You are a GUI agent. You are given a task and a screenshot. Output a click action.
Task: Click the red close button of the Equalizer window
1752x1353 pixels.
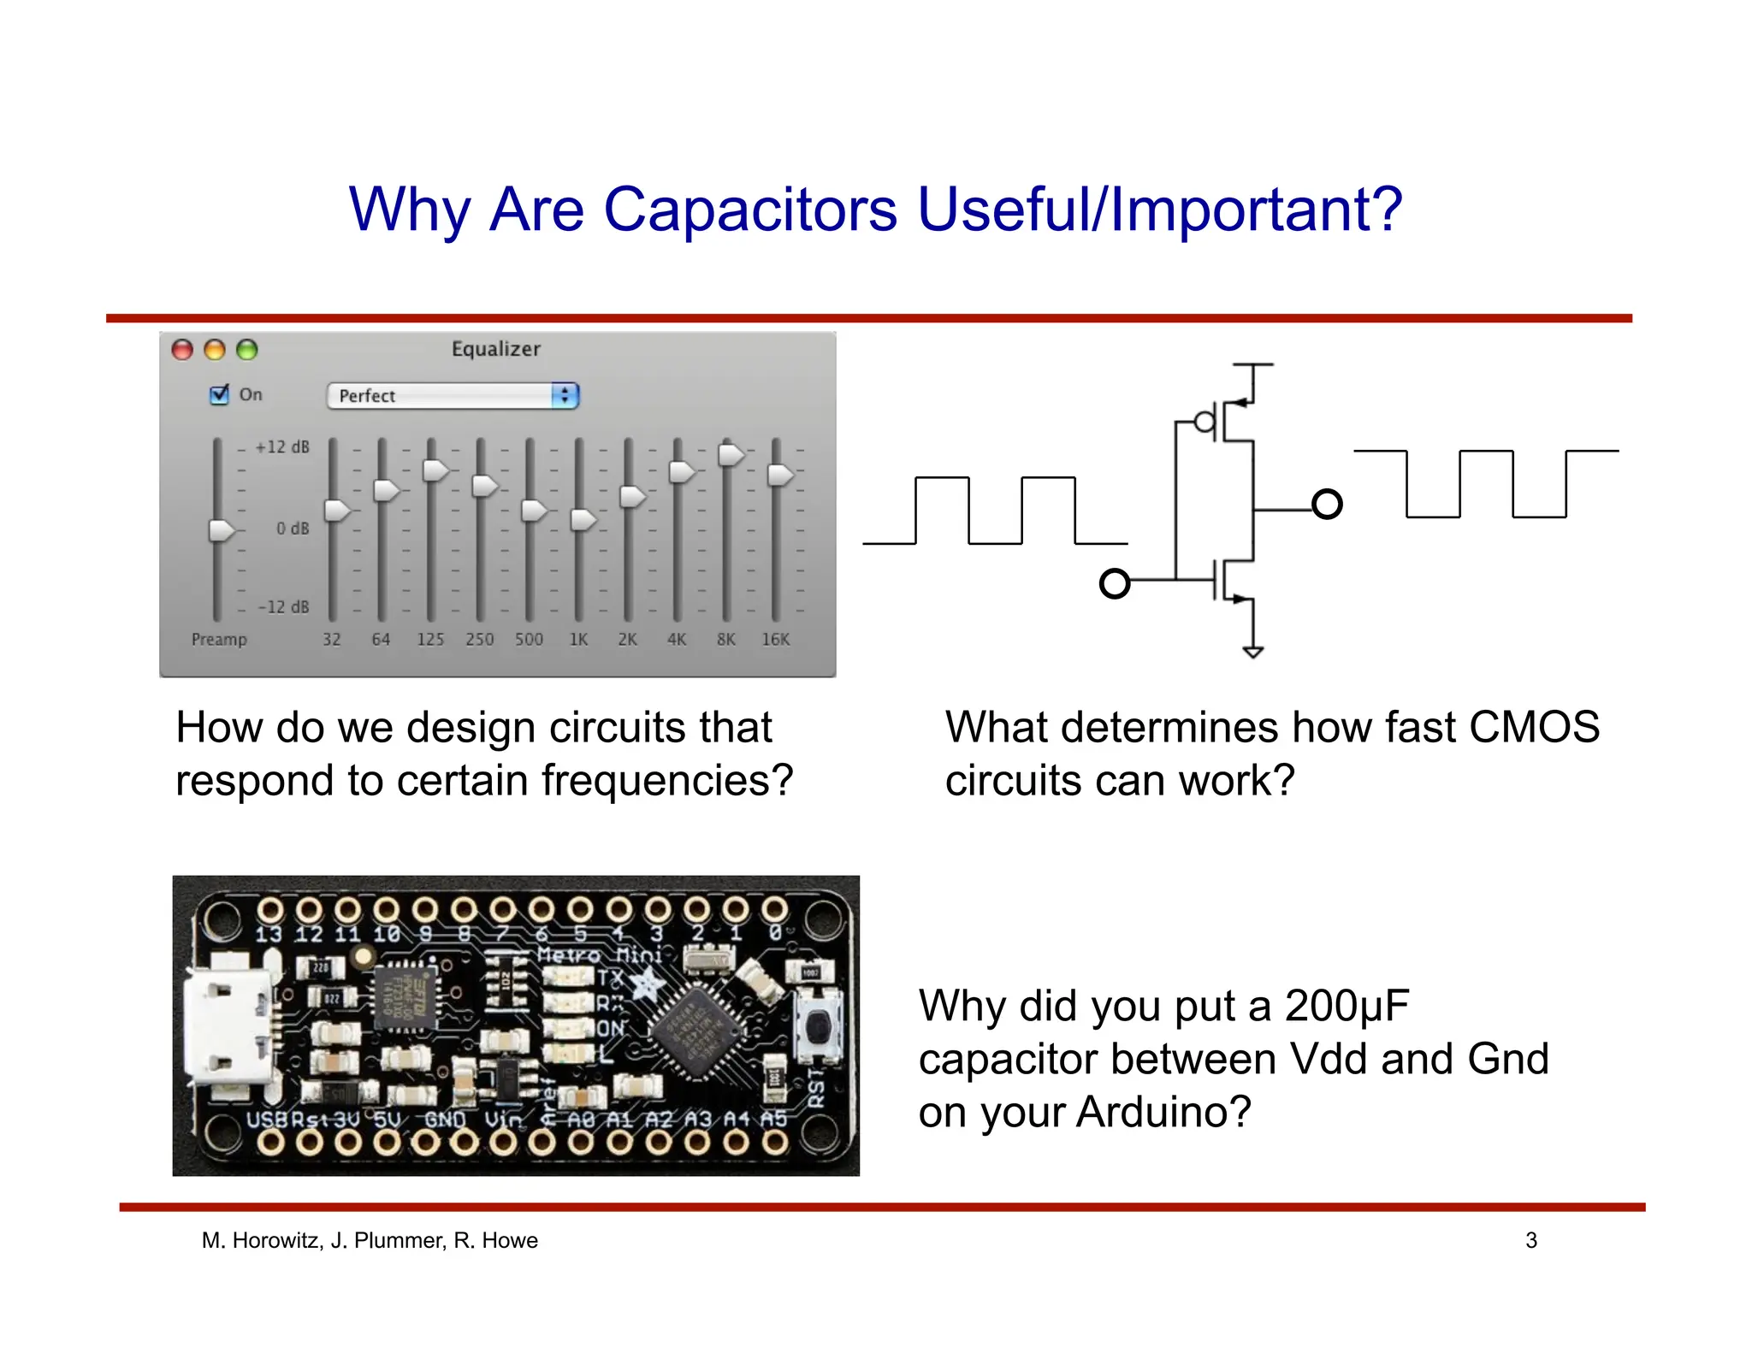tap(182, 349)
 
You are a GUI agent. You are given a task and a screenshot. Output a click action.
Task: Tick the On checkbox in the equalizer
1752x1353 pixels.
tap(220, 394)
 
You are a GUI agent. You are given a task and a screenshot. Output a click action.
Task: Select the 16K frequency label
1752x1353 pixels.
tap(775, 639)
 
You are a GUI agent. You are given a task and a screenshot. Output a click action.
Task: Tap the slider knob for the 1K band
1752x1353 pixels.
tap(583, 518)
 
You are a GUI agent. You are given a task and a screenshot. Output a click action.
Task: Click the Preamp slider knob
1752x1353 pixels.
tap(221, 529)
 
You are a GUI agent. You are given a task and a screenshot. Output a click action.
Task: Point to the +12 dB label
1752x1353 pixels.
tap(282, 446)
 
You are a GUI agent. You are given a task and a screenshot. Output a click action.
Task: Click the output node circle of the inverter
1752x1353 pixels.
tap(1326, 505)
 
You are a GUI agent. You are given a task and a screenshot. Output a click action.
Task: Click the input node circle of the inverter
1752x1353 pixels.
tap(1114, 584)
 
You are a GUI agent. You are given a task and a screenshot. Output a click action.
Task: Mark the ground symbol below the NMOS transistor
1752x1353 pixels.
tap(1252, 653)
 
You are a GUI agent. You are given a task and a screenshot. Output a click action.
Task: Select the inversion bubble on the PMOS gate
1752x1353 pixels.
tap(1204, 422)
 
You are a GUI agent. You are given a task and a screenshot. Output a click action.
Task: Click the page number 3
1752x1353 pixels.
tap(1530, 1240)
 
